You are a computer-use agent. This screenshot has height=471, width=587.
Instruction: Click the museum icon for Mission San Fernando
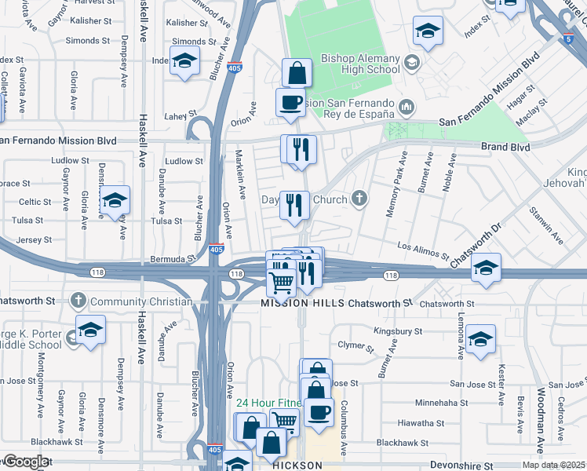coord(407,106)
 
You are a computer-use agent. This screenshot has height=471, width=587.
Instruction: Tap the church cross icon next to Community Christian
coord(78,301)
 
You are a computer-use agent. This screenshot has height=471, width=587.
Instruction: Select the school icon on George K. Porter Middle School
coord(90,332)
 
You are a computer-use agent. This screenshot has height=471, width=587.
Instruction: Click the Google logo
coord(26,462)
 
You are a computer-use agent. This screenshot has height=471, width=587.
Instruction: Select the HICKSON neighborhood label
coord(297,466)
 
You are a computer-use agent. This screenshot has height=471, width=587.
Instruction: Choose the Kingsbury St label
coord(398,331)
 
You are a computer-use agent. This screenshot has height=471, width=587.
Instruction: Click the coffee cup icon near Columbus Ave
coord(318,412)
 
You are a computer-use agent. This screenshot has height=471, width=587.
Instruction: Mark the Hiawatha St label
coord(421,422)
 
